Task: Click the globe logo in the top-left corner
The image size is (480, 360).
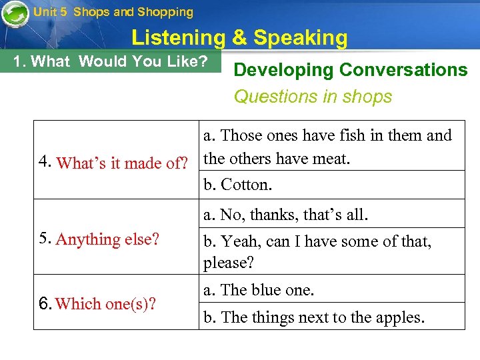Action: [14, 13]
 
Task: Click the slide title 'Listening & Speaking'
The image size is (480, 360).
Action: [239, 38]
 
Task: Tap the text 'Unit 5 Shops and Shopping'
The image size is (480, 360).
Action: [113, 12]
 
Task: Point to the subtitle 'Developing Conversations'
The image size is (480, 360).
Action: [351, 70]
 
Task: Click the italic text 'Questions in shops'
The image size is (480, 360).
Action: [313, 97]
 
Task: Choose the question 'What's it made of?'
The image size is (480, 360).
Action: [123, 163]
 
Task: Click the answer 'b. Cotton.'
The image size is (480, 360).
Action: [238, 185]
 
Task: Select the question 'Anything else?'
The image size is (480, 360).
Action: [108, 239]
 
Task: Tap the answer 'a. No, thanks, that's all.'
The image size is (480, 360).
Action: [286, 215]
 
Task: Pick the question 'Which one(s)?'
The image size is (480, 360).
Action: [107, 304]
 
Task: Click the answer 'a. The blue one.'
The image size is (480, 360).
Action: [259, 290]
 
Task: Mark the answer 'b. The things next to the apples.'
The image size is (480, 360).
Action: [313, 317]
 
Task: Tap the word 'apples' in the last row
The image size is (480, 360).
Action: [397, 317]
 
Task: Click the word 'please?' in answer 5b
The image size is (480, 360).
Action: [229, 263]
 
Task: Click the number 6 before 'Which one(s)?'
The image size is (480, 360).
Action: [43, 304]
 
